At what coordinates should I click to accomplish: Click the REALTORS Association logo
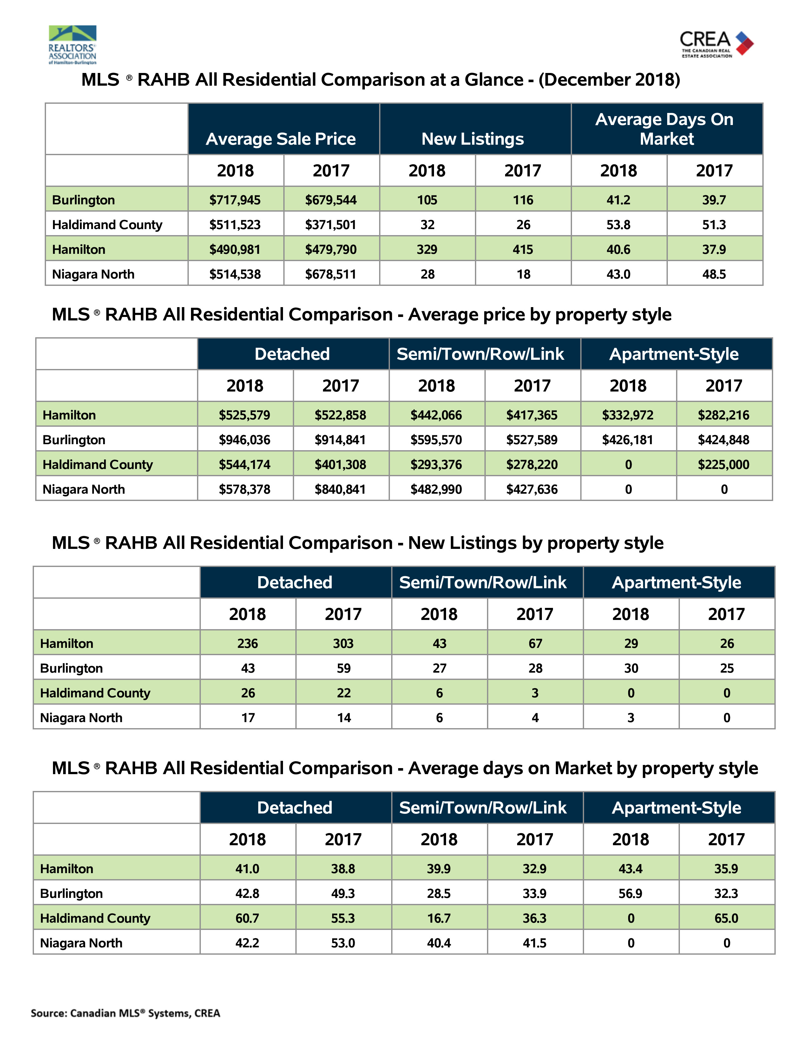72,45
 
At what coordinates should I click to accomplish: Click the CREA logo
716,44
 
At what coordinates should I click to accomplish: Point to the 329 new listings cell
427,249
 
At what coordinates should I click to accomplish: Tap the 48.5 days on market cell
714,274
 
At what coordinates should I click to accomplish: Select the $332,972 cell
628,415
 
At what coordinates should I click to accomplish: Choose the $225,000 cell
724,464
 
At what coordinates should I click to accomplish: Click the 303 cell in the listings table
344,643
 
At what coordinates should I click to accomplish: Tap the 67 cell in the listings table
535,643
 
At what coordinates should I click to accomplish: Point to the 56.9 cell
631,893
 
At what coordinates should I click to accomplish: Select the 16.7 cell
439,918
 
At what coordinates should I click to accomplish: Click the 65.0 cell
727,918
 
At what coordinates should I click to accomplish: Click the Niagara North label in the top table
94,274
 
